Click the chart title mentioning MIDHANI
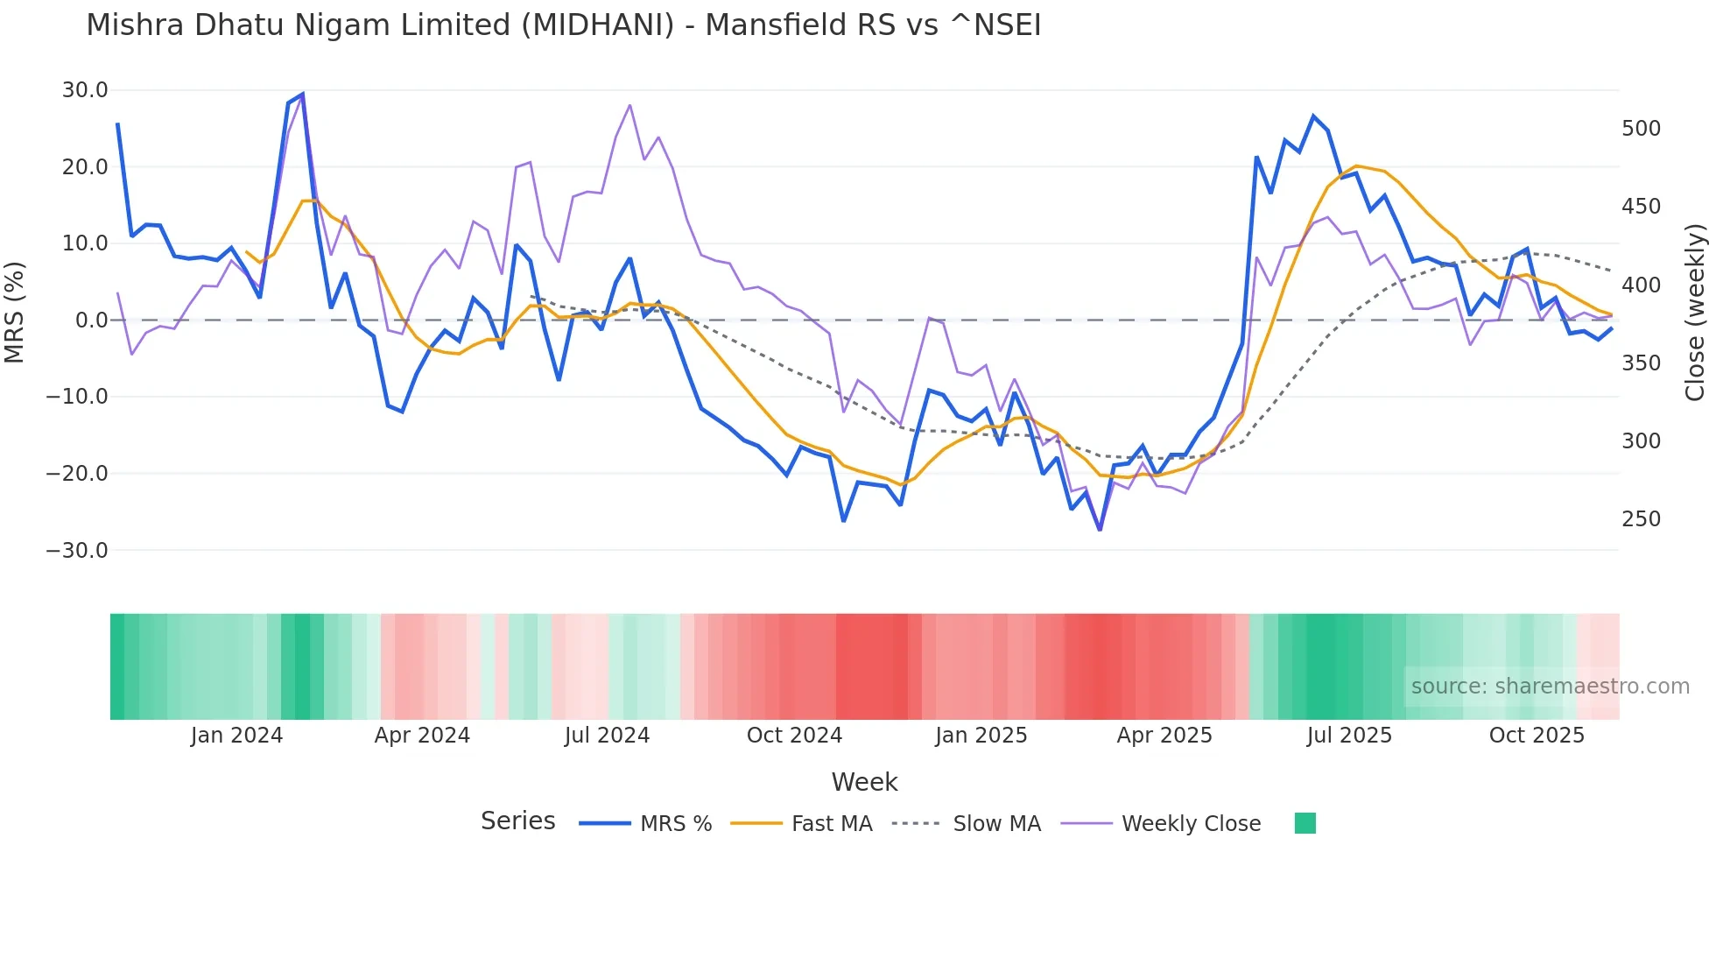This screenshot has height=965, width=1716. pyautogui.click(x=563, y=25)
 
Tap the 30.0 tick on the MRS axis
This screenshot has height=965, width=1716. pyautogui.click(x=85, y=90)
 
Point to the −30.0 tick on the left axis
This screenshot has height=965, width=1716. pyautogui.click(x=78, y=551)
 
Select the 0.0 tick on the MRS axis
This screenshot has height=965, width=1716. pyautogui.click(x=92, y=320)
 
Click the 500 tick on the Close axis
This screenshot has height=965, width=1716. pyautogui.click(x=1641, y=129)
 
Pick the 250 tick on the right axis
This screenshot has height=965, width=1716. pyautogui.click(x=1641, y=519)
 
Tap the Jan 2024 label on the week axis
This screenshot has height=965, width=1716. pyautogui.click(x=236, y=736)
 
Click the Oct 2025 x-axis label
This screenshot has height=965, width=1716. pyautogui.click(x=1537, y=736)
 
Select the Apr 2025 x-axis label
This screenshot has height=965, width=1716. pyautogui.click(x=1164, y=736)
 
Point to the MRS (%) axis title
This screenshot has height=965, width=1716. pyautogui.click(x=15, y=312)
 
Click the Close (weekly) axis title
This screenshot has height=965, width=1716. pyautogui.click(x=1696, y=313)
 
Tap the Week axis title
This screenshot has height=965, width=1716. pyautogui.click(x=864, y=782)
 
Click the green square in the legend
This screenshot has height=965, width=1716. pyautogui.click(x=1305, y=823)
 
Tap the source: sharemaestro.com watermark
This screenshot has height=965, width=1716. pyautogui.click(x=1550, y=687)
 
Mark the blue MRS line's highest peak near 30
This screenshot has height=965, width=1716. pyautogui.click(x=302, y=94)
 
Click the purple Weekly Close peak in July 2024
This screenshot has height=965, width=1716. pyautogui.click(x=629, y=106)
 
